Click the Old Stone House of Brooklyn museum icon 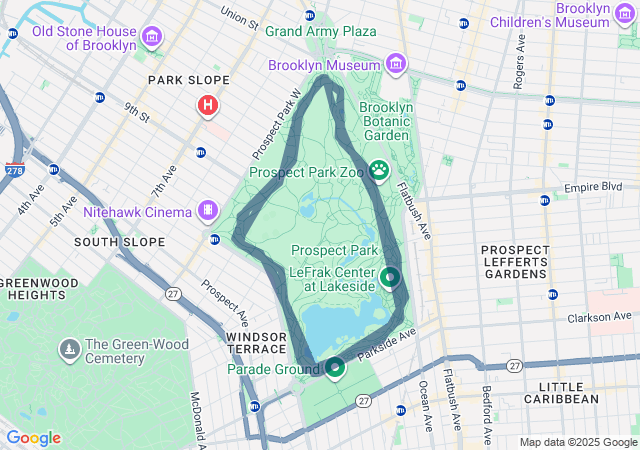(152, 38)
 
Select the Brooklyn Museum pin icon (397, 65)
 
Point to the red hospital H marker (208, 104)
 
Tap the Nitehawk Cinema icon (207, 211)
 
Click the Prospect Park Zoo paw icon (379, 171)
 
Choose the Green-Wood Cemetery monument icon (70, 350)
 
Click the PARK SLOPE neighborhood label (188, 80)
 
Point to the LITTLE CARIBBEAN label (568, 392)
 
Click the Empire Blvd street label (593, 187)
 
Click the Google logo (33, 438)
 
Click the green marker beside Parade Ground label (334, 368)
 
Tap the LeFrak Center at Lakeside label (332, 278)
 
